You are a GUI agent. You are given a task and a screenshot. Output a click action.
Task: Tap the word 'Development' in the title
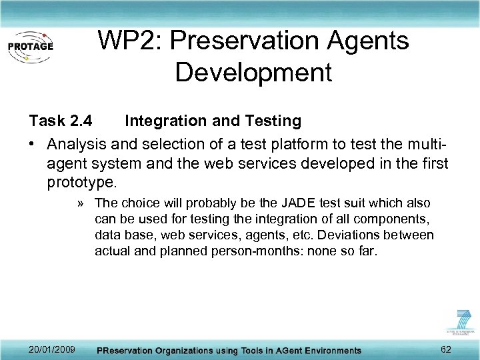[x=253, y=73]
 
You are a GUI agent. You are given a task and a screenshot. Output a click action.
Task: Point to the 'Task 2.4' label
[x=60, y=121]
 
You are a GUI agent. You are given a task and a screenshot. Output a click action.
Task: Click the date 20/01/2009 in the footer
[x=52, y=349]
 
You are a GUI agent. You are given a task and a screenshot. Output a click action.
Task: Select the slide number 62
[x=446, y=349]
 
